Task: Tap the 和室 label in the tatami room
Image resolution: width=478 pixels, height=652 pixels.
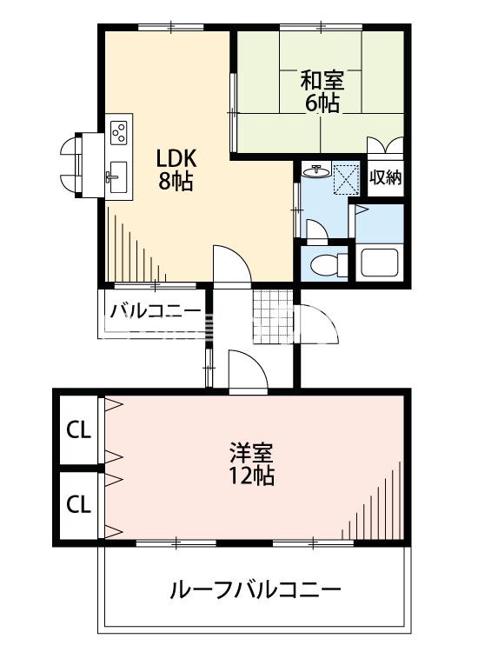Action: (322, 81)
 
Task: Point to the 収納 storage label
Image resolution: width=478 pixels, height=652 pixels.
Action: (385, 178)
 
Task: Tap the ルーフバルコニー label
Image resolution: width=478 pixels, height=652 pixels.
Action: (254, 591)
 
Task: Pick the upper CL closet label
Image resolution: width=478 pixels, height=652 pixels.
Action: (79, 430)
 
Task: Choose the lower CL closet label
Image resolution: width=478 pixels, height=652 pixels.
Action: (79, 503)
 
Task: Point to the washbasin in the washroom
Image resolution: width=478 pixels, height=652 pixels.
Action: (315, 171)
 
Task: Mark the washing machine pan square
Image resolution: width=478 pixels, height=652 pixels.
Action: (347, 177)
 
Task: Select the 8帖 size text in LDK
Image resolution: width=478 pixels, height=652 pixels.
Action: (176, 183)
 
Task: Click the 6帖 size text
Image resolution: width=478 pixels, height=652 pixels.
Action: (322, 103)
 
